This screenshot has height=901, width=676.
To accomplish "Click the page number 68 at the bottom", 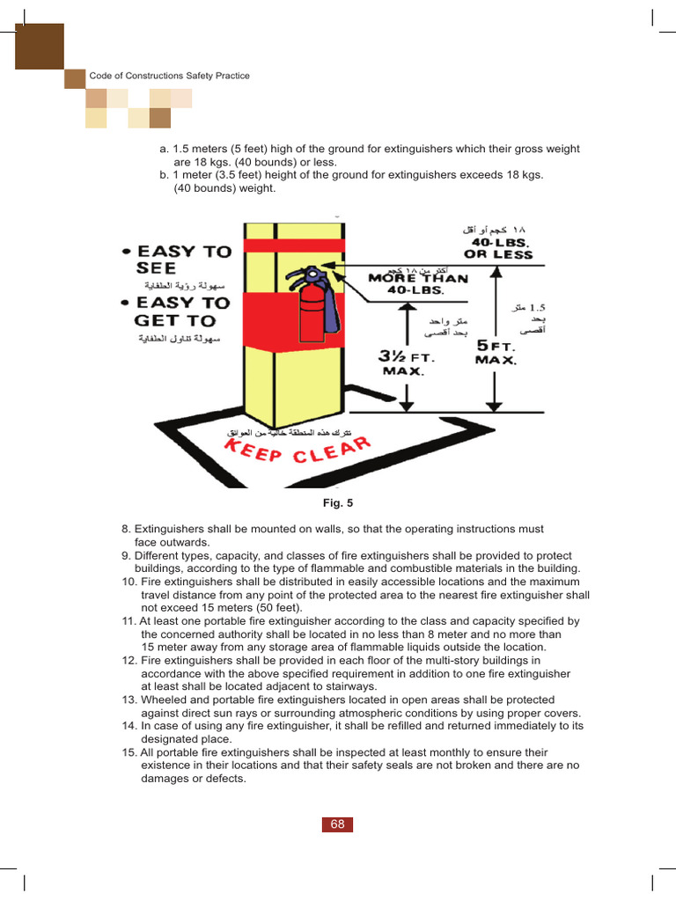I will (337, 824).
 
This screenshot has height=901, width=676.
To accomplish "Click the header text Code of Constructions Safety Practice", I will (169, 76).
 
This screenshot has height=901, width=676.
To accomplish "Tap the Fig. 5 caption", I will (337, 503).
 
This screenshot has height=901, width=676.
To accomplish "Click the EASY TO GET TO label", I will (181, 311).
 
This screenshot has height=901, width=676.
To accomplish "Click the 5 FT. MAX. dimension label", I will (496, 351).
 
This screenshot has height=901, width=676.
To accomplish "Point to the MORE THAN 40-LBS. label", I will (418, 282).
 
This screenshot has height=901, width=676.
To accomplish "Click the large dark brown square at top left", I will (40, 47).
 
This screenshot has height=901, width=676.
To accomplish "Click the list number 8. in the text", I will (126, 530).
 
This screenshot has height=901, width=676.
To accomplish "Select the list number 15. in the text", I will (129, 753).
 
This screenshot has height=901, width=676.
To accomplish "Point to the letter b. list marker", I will (165, 175).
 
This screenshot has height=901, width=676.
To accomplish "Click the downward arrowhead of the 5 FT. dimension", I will (496, 406).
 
